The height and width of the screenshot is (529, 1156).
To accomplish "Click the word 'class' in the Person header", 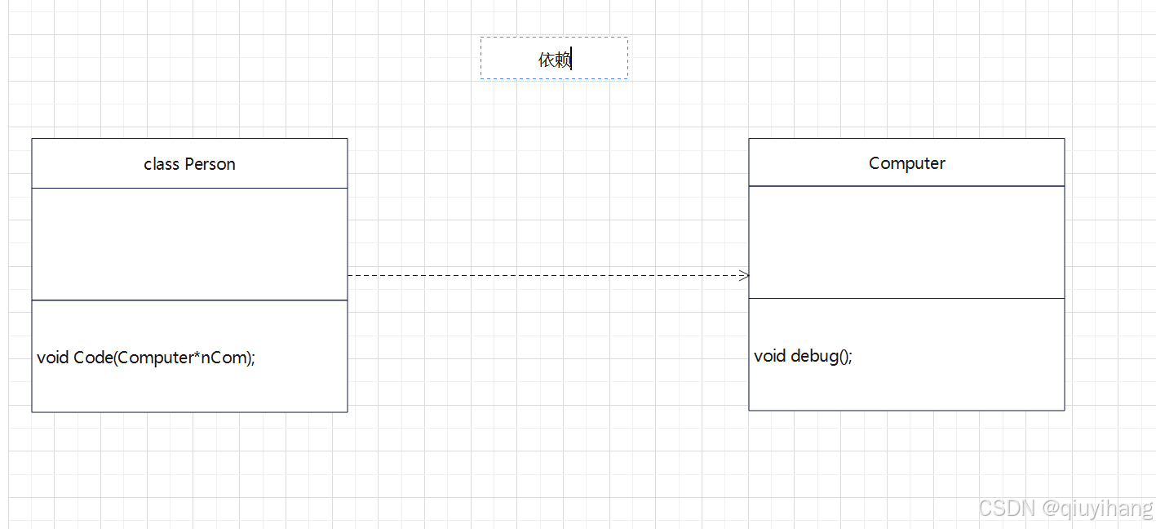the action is coord(161,164).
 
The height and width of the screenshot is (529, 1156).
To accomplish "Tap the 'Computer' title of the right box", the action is coord(906,163).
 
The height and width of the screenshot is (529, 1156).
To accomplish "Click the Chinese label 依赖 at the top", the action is coord(554,59).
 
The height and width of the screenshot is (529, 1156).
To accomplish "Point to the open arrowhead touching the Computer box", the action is coord(743,275).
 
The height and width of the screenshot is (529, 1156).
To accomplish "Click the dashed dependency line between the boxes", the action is coord(547,275).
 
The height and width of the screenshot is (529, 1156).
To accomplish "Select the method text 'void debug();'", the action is coord(803,356).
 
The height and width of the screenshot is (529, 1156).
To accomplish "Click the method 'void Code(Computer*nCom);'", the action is coord(146,358).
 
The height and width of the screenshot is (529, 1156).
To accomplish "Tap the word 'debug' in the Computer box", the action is coord(813,356).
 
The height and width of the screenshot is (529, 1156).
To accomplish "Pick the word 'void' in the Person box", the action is coord(53,358).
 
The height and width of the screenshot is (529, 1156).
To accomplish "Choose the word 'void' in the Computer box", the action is coord(770,356).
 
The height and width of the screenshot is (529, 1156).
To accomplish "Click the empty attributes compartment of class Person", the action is coord(189,244).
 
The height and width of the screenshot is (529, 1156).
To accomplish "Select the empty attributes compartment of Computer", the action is coord(906,242).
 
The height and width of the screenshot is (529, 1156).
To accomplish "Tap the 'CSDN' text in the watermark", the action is coord(1006,509).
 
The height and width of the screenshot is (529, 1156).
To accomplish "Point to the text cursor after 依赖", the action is coord(572,59).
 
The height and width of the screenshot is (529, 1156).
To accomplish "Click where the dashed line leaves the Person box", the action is coord(349,275).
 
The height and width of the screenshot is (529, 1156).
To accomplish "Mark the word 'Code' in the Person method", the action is coord(92,358).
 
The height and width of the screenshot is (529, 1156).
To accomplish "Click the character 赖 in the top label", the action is coord(562,59).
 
